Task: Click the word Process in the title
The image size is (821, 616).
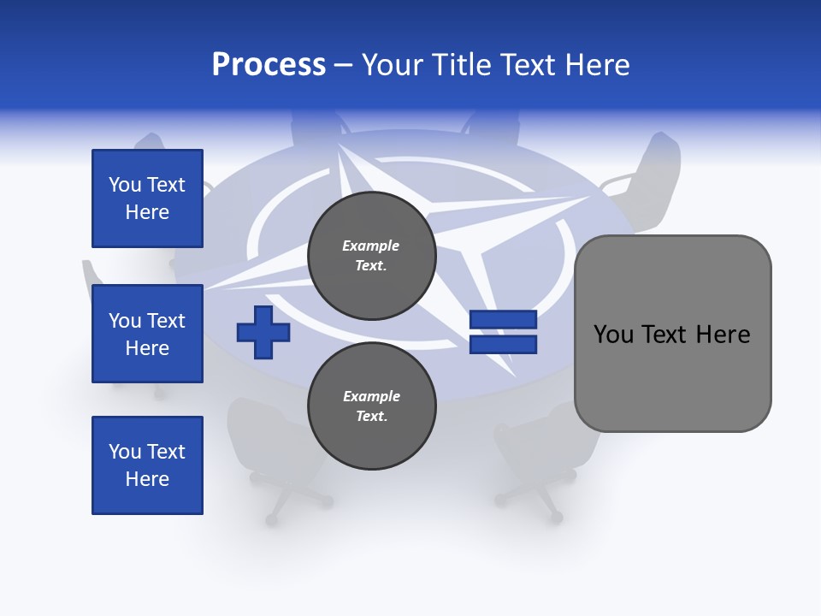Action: tap(269, 65)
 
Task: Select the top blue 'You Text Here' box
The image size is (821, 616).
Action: tap(147, 198)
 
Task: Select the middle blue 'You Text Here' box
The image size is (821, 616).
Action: tap(147, 334)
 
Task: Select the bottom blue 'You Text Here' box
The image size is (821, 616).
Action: tap(147, 465)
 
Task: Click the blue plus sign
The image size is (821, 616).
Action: tap(263, 332)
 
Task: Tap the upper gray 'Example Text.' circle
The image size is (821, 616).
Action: tap(371, 255)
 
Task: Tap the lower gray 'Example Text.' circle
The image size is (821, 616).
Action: tap(371, 406)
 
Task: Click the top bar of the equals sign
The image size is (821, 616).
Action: tap(503, 320)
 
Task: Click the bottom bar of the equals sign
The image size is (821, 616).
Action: tap(503, 345)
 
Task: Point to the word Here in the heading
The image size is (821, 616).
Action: tap(599, 65)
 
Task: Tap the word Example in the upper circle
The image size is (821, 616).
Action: tap(371, 246)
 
